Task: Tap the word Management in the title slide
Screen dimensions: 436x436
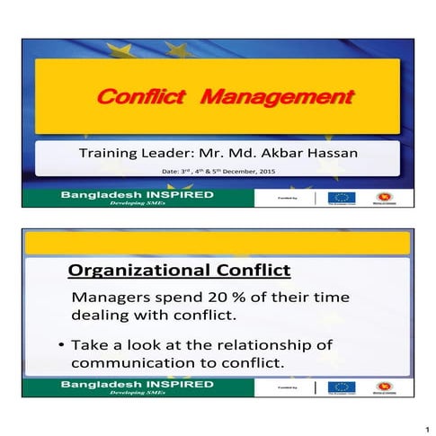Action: point(276,96)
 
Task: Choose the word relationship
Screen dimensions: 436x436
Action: point(284,345)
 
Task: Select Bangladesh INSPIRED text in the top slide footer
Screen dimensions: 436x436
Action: point(137,194)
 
